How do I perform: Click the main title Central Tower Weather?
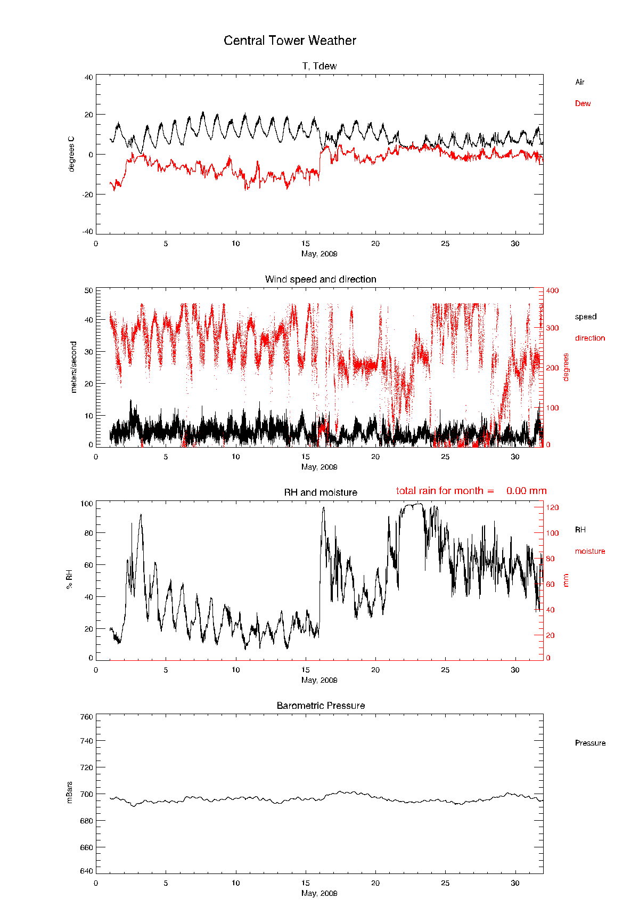[x=290, y=41]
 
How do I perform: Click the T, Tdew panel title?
[x=319, y=66]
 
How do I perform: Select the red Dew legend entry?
[x=583, y=103]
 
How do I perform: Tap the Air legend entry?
[x=579, y=82]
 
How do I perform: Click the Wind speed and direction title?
[x=321, y=279]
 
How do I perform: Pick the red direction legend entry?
[x=589, y=338]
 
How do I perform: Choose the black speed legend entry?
[x=585, y=317]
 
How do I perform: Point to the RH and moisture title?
[x=321, y=492]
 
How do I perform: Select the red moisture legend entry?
[x=589, y=551]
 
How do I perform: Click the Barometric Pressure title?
[x=321, y=706]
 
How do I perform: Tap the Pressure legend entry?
[x=590, y=743]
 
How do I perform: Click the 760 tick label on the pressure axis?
[x=87, y=717]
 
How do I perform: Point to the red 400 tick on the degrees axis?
[x=552, y=290]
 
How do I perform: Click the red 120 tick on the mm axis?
[x=552, y=508]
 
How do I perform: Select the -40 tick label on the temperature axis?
[x=87, y=231]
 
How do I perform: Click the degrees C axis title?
[x=71, y=154]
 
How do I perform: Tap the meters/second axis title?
[x=73, y=367]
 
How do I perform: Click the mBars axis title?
[x=69, y=792]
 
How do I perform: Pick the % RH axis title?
[x=69, y=579]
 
